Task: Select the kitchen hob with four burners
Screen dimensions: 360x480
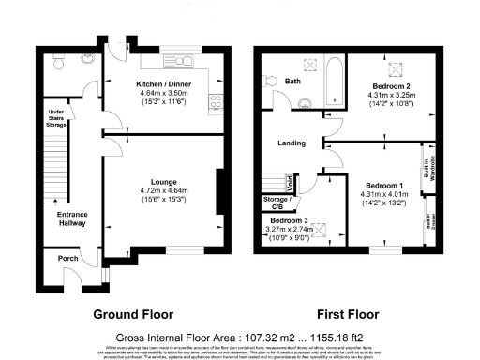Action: click(215, 102)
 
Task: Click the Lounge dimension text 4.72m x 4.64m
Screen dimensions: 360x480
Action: click(163, 190)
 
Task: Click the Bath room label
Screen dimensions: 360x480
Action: click(292, 82)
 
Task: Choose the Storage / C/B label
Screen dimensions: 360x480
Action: click(278, 203)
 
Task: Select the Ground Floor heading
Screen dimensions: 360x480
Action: click(129, 314)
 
